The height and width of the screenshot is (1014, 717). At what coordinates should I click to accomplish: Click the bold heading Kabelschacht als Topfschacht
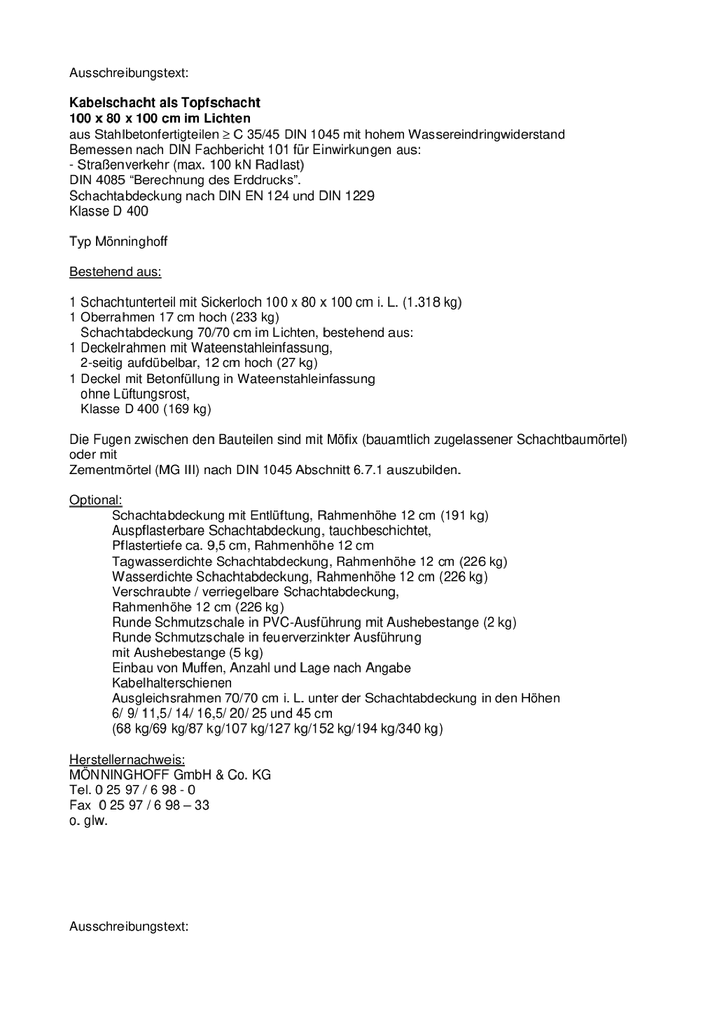pos(165,103)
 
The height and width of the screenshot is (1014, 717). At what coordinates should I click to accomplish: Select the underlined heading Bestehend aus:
pos(115,272)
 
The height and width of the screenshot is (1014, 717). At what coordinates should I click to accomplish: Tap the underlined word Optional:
pos(95,500)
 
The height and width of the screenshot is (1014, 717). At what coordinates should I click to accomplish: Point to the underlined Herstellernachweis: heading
pos(127,759)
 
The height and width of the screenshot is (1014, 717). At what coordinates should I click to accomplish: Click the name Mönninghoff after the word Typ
pos(131,242)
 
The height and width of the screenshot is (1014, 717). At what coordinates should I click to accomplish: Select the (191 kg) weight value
pos(464,515)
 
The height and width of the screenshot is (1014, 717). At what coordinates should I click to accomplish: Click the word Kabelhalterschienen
pos(172,683)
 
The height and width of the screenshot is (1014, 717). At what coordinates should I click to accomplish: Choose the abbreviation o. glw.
pos(88,821)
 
